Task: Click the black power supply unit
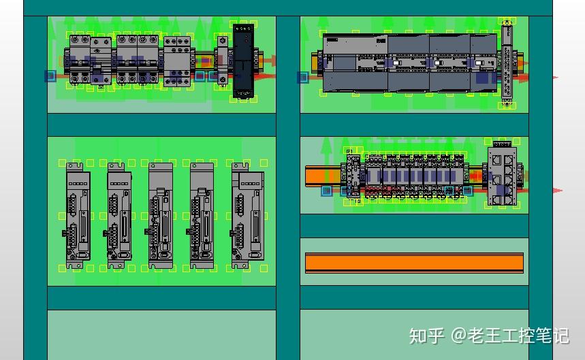click(x=243, y=61)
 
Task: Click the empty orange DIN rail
click(x=414, y=263)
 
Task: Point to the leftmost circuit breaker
click(x=80, y=61)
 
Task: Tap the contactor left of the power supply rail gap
click(x=177, y=61)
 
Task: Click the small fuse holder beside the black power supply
click(x=222, y=62)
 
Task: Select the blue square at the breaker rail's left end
click(x=50, y=76)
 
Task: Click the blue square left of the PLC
click(x=302, y=78)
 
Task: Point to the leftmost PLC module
click(x=355, y=63)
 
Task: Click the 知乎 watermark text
click(x=426, y=336)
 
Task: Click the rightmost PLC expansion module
click(x=484, y=63)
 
